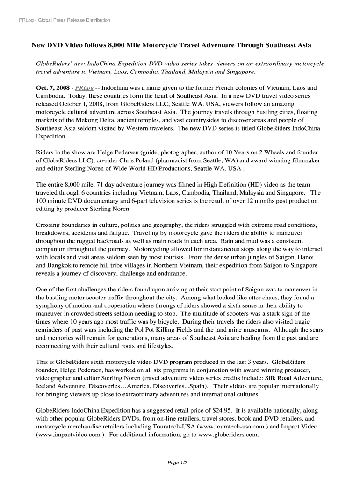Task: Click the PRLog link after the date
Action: [x=84, y=87]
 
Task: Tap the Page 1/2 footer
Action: [x=178, y=463]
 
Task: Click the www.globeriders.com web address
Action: [x=228, y=435]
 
